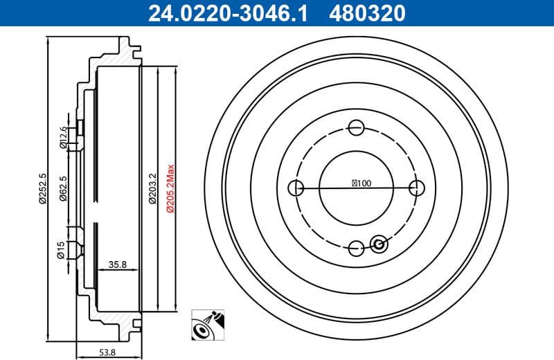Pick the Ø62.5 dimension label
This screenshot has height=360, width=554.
click(x=62, y=188)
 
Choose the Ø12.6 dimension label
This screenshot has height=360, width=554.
click(x=62, y=137)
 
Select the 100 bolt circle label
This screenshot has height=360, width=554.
click(x=361, y=183)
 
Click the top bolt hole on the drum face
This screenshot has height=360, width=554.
click(x=357, y=127)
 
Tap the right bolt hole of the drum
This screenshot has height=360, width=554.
click(x=417, y=188)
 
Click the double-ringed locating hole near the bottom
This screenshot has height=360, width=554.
click(x=379, y=243)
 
